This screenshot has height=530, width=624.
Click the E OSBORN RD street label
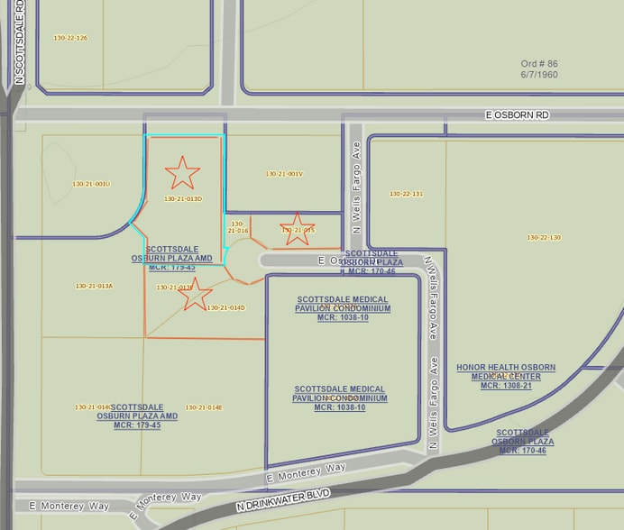[517, 115]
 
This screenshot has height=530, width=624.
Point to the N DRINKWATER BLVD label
[283, 499]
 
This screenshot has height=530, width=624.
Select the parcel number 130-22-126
[70, 38]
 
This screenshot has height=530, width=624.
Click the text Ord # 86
[539, 64]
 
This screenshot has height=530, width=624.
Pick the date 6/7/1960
[539, 75]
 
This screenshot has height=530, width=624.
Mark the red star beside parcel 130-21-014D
[196, 294]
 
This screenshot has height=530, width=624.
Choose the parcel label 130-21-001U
[91, 184]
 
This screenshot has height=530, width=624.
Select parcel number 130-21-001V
[284, 174]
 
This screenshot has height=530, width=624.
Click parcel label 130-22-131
[406, 194]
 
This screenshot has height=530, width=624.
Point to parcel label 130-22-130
[544, 237]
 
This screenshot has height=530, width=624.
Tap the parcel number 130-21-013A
[94, 286]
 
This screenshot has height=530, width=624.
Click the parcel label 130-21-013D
[183, 198]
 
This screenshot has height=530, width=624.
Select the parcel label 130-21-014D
[226, 307]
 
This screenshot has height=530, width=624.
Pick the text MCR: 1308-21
[505, 386]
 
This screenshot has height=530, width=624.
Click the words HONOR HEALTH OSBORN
[505, 368]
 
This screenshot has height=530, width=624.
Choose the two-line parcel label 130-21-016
[239, 227]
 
